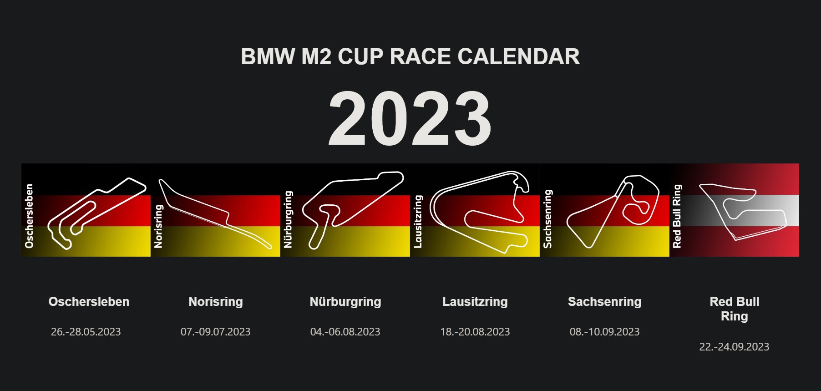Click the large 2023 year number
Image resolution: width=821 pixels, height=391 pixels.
(x=410, y=118)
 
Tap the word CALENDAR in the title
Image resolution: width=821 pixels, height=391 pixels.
(x=518, y=57)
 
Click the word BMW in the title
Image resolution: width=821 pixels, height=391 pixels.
(x=268, y=57)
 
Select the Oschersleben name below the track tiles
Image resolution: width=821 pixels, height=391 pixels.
(x=89, y=301)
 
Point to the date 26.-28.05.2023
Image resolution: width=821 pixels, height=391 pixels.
(x=86, y=332)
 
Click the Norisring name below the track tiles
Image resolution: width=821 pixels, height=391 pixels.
(x=216, y=302)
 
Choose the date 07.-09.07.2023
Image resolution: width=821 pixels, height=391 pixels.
(x=216, y=332)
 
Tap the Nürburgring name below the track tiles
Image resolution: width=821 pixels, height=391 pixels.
(x=345, y=302)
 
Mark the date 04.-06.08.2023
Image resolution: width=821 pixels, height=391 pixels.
(x=345, y=332)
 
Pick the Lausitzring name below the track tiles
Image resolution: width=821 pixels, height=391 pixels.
(x=475, y=302)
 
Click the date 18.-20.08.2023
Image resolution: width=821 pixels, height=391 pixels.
(x=475, y=332)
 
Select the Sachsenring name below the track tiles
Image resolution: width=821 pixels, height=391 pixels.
(x=605, y=302)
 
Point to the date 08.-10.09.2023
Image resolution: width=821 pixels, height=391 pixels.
(x=605, y=332)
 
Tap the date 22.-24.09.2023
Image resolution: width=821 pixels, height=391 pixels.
(x=735, y=347)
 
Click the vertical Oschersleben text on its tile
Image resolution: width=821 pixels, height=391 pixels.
(x=30, y=216)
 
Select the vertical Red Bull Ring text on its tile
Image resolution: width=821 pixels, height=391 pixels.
(x=677, y=216)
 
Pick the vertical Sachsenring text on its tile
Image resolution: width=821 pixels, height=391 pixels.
(x=548, y=218)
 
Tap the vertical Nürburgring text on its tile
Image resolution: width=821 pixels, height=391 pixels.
(x=288, y=219)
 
